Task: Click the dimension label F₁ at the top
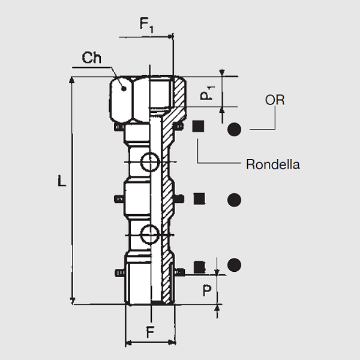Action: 147,25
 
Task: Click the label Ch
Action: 92,58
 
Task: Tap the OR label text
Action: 275,100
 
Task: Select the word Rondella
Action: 273,164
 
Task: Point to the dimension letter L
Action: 62,181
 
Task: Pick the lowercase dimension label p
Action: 206,290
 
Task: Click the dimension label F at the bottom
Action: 151,331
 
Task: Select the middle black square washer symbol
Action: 199,199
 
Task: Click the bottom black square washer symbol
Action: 199,266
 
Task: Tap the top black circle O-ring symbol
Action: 234,128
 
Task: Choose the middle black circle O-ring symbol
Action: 234,199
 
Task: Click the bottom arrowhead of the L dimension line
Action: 73,301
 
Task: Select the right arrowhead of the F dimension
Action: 174,343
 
